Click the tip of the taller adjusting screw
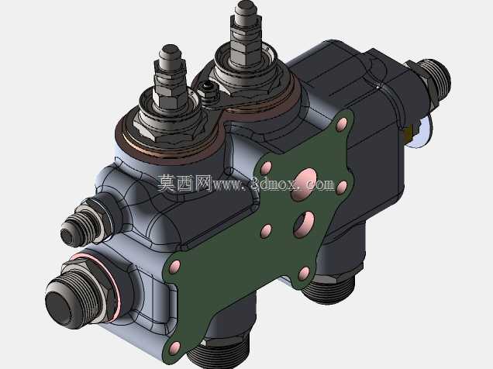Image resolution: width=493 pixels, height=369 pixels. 246,6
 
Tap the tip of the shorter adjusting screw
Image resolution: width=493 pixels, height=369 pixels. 171,51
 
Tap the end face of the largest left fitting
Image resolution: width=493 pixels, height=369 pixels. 60,304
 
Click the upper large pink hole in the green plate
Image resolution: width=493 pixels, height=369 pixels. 303,184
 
